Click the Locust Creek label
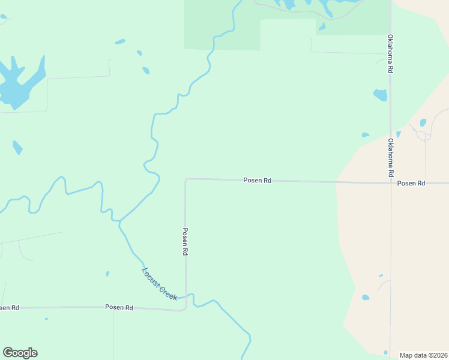159,283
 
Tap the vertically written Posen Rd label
185,242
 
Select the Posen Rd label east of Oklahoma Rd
411,183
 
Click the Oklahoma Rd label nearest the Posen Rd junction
390,157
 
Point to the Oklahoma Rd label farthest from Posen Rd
390,53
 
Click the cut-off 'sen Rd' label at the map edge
9,308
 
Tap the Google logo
20,353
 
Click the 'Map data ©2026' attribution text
423,355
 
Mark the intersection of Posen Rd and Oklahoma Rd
391,182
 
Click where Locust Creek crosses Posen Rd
185,296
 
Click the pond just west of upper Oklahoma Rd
381,95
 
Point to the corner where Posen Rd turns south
186,179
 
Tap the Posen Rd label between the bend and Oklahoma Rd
258,180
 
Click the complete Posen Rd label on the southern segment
119,307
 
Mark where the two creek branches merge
119,221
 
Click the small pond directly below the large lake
17,147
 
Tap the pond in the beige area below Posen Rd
366,297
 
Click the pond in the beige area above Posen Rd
423,122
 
